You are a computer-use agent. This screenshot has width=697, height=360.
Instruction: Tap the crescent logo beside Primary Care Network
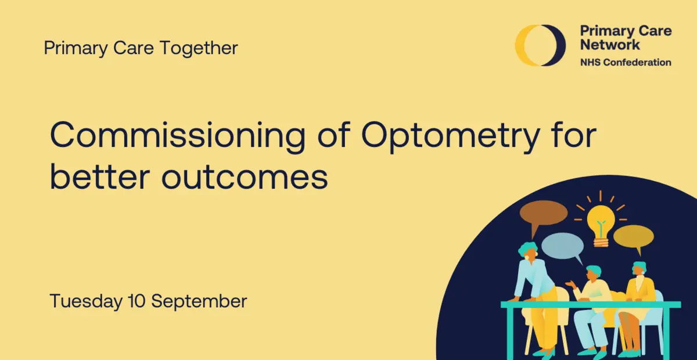coord(540,45)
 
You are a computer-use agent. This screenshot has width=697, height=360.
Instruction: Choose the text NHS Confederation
coord(626,62)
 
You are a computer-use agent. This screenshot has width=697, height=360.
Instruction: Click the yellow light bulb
coord(600,222)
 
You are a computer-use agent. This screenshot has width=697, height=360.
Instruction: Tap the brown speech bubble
coord(542,213)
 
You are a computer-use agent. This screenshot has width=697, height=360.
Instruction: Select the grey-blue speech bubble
coord(562,246)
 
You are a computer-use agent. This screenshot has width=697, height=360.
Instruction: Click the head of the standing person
coord(529,250)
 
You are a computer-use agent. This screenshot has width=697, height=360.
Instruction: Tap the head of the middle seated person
coord(593,273)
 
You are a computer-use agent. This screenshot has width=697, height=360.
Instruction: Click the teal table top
coord(590,304)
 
